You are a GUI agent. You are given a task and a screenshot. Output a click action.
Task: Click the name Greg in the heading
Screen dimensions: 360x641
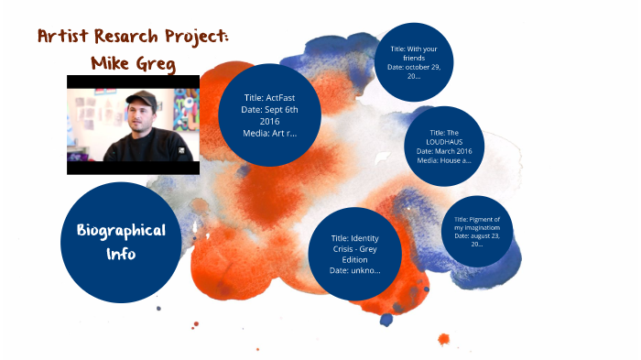(157, 64)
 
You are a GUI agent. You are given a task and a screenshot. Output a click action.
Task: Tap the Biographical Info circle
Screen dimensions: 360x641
(121, 242)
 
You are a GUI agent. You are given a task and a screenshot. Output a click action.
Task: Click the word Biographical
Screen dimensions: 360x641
(121, 230)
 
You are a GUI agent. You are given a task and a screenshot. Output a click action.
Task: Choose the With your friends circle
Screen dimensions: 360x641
(415, 61)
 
